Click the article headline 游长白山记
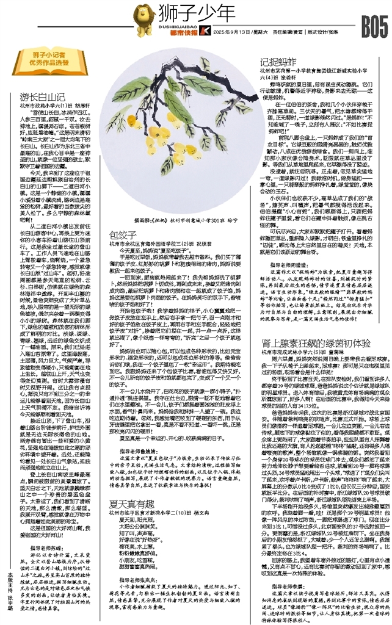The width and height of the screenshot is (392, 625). (x=43, y=96)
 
